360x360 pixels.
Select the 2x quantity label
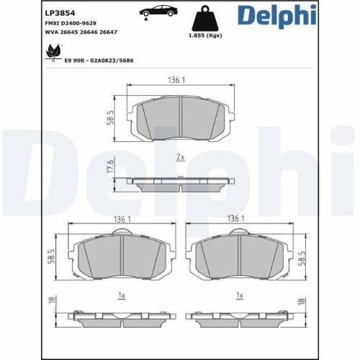(179, 156)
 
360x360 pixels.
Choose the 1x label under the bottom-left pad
(122, 296)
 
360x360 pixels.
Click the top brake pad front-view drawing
(180, 117)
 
